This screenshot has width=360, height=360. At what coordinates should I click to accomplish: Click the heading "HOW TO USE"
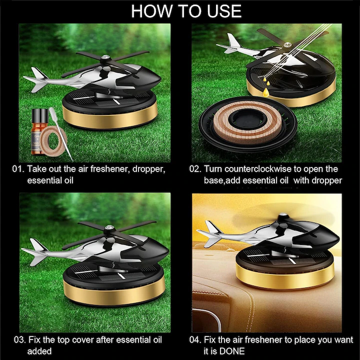click(186, 11)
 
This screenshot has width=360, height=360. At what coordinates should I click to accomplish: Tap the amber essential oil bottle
click(39, 131)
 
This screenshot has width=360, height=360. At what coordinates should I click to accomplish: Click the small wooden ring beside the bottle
click(54, 140)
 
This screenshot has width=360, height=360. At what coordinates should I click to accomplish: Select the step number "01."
click(18, 169)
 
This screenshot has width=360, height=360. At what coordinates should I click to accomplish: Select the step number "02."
click(195, 169)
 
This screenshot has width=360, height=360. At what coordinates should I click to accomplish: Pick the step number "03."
click(19, 340)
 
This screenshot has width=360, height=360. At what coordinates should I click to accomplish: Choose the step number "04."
click(195, 340)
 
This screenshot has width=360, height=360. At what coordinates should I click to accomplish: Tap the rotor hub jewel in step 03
click(109, 227)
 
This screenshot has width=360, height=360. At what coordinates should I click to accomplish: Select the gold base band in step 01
click(109, 117)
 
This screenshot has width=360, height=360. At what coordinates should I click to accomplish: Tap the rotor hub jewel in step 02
click(287, 45)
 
